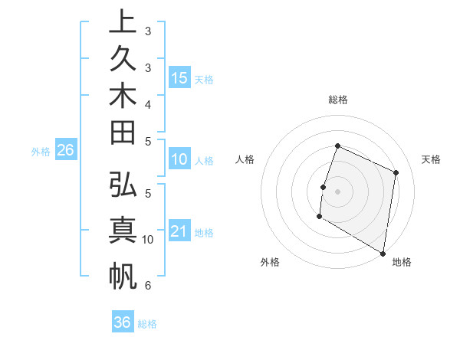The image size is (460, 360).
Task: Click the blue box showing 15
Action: [x=179, y=77]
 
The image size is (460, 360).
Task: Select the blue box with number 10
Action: [x=179, y=159]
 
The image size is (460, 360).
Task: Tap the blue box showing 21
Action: [x=179, y=231]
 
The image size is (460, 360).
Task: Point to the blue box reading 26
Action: [x=66, y=150]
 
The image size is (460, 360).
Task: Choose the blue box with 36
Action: [x=123, y=322]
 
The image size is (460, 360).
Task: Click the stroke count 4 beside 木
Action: [x=147, y=103]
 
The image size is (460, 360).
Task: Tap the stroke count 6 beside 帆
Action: [x=147, y=286]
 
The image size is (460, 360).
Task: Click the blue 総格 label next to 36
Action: [x=147, y=324]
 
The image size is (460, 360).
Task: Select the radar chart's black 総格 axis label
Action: [x=337, y=100]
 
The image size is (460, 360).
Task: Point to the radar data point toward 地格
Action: [x=383, y=253]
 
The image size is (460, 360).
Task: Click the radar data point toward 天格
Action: [x=396, y=172]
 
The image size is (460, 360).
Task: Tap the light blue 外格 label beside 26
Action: [x=41, y=152]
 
